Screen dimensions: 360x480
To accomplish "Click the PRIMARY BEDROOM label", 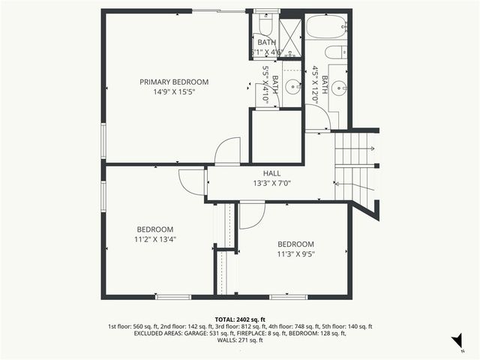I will click(x=174, y=82).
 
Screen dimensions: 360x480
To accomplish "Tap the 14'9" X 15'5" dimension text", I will click(x=174, y=91).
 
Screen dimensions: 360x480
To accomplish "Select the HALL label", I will click(x=271, y=174).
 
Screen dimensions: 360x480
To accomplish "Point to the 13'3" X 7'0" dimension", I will click(x=271, y=184).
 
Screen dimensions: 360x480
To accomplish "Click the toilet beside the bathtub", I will click(x=337, y=52).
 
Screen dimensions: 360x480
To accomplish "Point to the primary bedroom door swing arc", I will click(x=227, y=151).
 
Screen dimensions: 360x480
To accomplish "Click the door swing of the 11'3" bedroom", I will click(x=251, y=216).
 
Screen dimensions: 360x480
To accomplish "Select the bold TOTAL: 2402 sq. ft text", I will click(x=240, y=319).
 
